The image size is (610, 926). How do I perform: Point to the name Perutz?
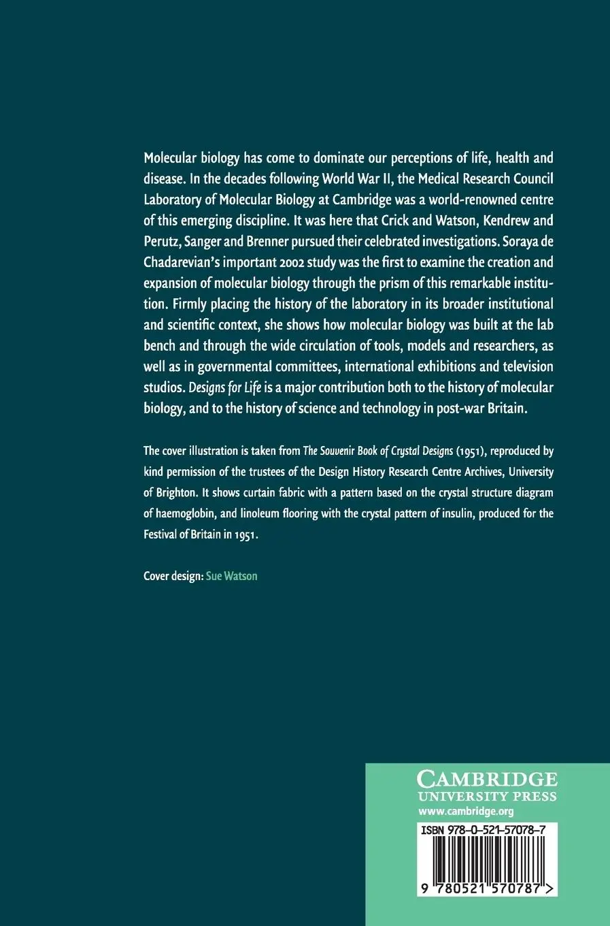point(161,241)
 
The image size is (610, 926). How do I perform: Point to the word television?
point(526,366)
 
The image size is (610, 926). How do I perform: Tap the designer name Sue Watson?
point(231,576)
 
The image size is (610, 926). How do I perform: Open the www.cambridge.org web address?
point(466,811)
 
